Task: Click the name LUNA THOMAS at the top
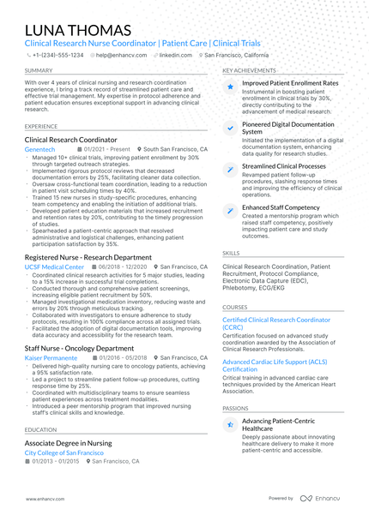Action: [x=78, y=31]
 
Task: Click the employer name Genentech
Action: [x=39, y=148]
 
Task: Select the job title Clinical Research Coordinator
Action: [x=71, y=139]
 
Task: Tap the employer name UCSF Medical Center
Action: [x=54, y=266]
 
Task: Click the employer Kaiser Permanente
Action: [x=51, y=357]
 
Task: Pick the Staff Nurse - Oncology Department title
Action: [x=79, y=348]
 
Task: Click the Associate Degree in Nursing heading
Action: [x=68, y=442]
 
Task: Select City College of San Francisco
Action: [x=64, y=452]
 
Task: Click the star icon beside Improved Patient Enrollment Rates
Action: [x=229, y=87]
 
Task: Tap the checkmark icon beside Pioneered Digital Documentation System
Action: [x=229, y=128]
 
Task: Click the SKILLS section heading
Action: [x=231, y=254]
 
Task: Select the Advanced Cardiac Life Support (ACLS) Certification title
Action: [x=275, y=365]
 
